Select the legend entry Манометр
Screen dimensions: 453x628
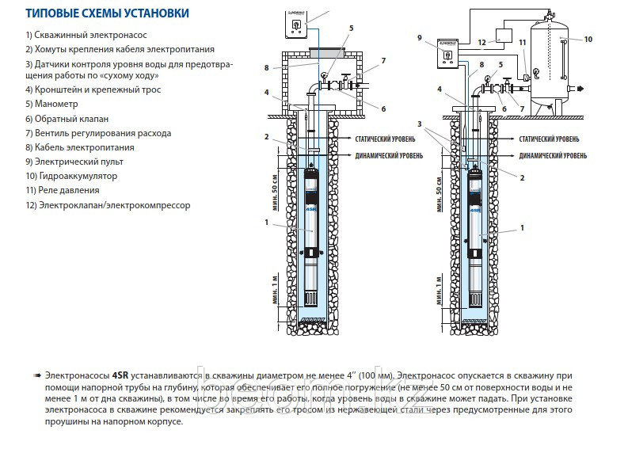tap(53, 104)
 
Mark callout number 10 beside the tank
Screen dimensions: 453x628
tap(588, 38)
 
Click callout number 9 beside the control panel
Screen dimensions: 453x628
tap(420, 37)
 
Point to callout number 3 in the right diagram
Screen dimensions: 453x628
tap(419, 124)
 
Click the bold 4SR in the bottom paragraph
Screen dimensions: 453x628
tap(120, 374)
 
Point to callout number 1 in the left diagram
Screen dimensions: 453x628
tap(268, 223)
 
